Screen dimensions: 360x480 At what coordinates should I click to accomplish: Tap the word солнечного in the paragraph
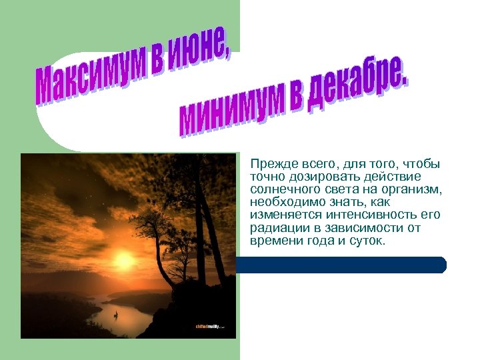tap(280, 189)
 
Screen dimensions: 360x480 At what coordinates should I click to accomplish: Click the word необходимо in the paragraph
tap(281, 202)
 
